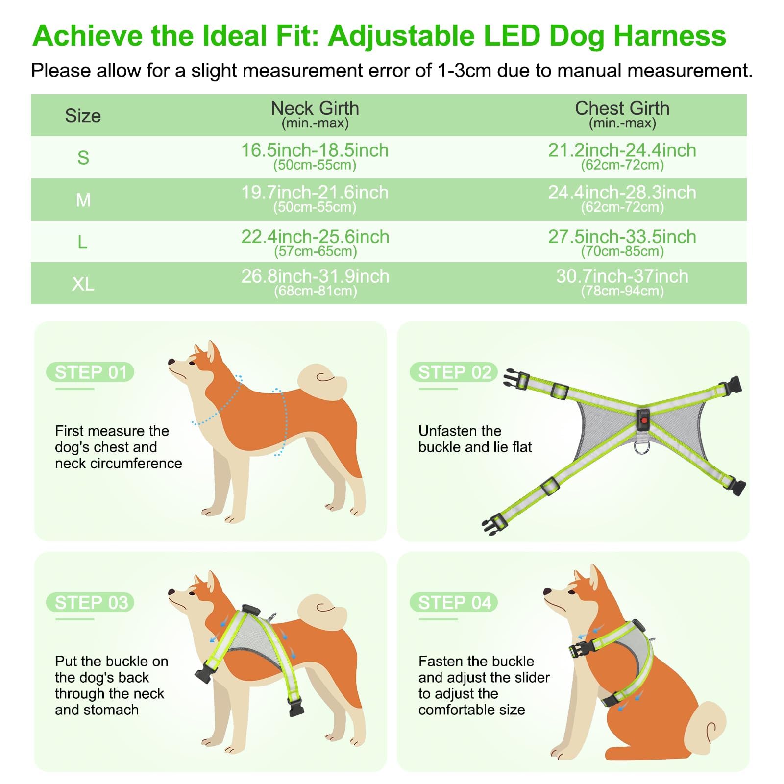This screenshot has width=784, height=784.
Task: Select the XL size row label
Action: click(x=83, y=284)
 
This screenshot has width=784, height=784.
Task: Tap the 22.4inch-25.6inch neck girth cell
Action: click(x=315, y=242)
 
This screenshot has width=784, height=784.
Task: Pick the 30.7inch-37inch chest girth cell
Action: click(x=622, y=282)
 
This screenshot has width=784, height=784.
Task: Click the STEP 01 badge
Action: click(x=90, y=372)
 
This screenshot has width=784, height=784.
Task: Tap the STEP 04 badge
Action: click(x=454, y=603)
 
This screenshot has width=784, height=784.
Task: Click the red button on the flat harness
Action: click(x=643, y=420)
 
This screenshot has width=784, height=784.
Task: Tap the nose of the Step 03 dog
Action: click(x=171, y=592)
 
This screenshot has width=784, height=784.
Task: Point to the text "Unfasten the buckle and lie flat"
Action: click(x=475, y=439)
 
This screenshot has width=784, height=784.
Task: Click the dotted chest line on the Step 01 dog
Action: click(x=282, y=421)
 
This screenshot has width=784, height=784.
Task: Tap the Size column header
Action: click(x=83, y=116)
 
